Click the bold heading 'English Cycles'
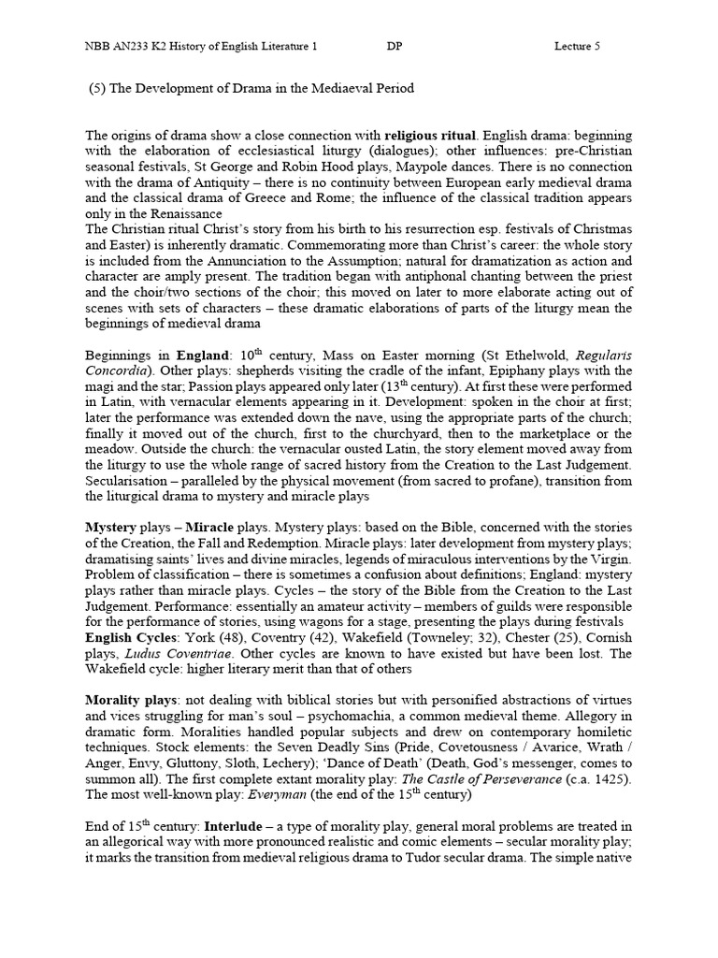[x=129, y=639]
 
